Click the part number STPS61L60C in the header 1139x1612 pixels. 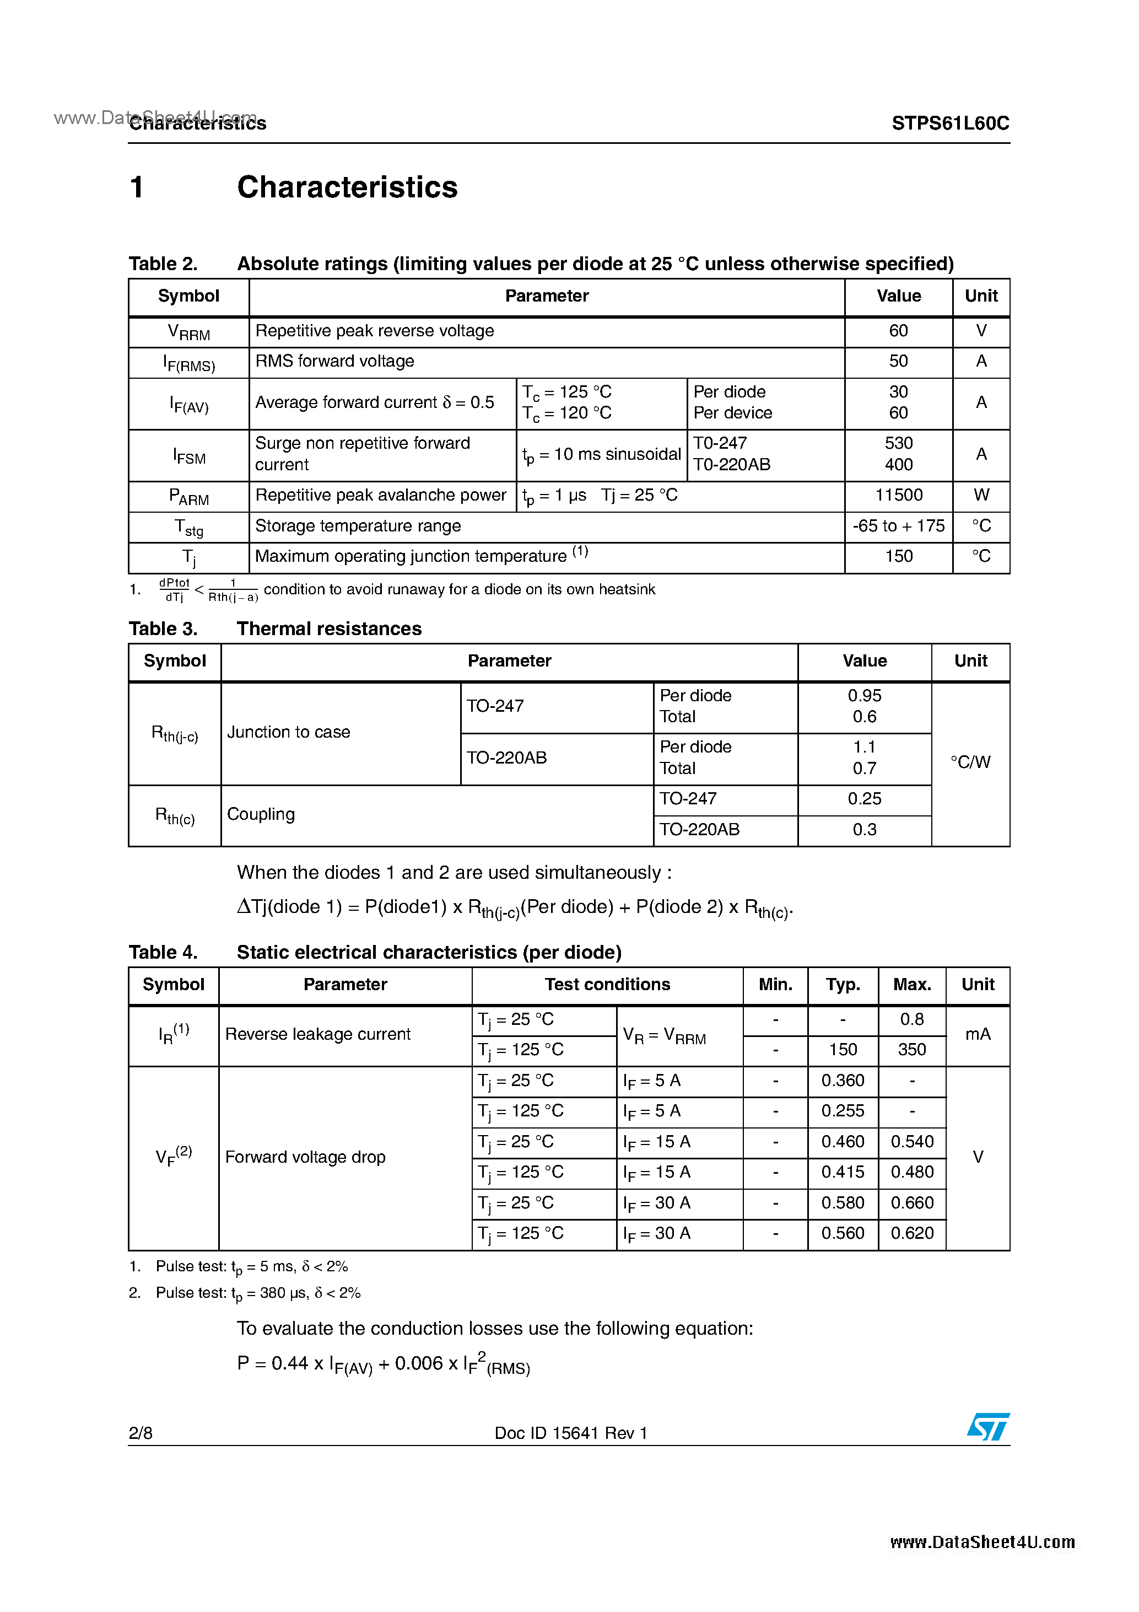[949, 123]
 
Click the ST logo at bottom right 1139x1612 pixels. [987, 1427]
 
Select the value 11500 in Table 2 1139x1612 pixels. [898, 496]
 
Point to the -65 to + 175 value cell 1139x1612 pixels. [898, 526]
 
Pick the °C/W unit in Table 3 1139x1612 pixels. [970, 762]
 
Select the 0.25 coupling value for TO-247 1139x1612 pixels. [864, 799]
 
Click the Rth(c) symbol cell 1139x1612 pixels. [175, 816]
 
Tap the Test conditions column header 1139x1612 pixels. [607, 984]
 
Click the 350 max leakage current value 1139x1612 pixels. [911, 1050]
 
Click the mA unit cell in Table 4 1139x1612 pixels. [978, 1034]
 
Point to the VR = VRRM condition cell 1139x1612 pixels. [664, 1035]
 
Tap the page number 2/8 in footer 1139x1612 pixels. [141, 1433]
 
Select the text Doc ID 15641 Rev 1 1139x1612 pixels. [570, 1433]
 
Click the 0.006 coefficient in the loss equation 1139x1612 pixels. [419, 1363]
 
